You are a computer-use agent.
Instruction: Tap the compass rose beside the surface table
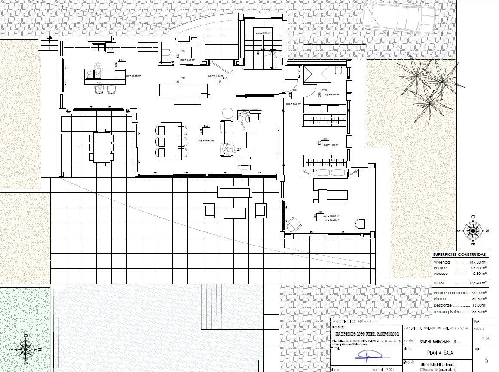(473, 231)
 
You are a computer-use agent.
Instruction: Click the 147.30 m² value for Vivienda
(478, 262)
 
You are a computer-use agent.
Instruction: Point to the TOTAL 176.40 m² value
(478, 283)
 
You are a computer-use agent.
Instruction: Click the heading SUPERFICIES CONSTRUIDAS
(460, 255)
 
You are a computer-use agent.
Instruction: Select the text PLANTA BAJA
(431, 354)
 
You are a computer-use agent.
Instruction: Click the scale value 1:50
(486, 338)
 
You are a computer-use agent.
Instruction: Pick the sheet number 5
(486, 360)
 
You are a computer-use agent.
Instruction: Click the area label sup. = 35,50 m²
(206, 141)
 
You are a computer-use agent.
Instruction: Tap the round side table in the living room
(227, 113)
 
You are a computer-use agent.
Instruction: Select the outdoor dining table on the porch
(102, 147)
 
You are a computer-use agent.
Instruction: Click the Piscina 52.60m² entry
(460, 298)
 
